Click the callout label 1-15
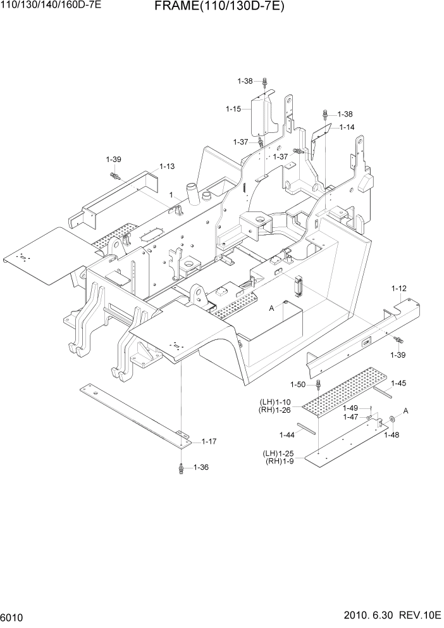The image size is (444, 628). click(x=234, y=109)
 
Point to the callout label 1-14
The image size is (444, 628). click(x=347, y=127)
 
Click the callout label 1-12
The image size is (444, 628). click(x=399, y=289)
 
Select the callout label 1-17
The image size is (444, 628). click(x=209, y=441)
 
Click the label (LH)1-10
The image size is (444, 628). click(x=275, y=402)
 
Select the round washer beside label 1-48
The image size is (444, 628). click(x=393, y=419)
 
